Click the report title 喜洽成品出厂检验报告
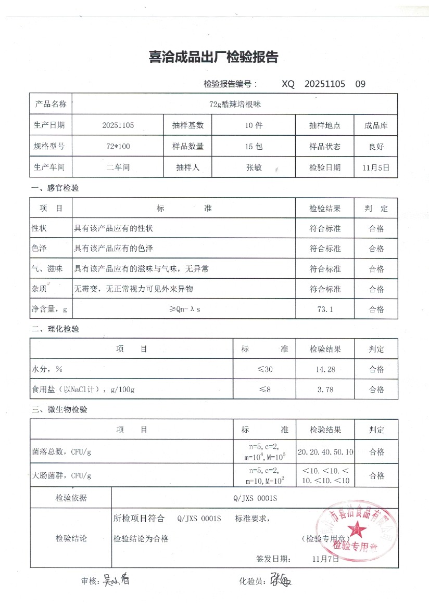click(x=213, y=58)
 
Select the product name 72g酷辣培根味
click(x=235, y=104)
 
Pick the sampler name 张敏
click(x=254, y=168)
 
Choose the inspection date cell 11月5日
click(x=376, y=168)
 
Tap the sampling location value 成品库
click(x=376, y=125)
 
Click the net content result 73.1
click(x=325, y=309)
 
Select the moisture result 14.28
click(x=325, y=369)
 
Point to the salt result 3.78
click(x=325, y=390)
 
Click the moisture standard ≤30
click(x=264, y=369)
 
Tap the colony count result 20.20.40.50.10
click(x=325, y=451)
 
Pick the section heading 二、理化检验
click(x=56, y=329)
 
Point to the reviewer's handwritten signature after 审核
click(x=116, y=579)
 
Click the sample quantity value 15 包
click(x=254, y=147)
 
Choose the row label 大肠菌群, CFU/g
click(x=62, y=475)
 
